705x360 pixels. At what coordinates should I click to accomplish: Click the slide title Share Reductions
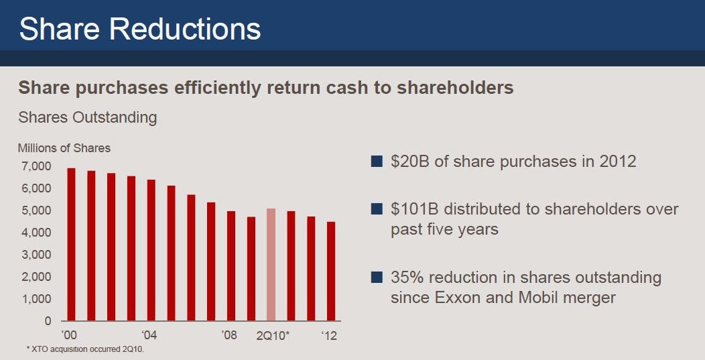(140, 30)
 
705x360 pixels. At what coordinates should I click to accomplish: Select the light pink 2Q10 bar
(271, 265)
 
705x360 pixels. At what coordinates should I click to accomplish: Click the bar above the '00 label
(71, 245)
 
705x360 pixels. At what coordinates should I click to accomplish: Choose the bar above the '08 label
(231, 266)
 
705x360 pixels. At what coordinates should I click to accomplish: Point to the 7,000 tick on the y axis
(36, 166)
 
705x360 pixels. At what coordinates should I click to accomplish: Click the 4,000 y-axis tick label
(36, 233)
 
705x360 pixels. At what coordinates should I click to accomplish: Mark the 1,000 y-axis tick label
(36, 299)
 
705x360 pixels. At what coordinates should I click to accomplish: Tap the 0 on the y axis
(47, 321)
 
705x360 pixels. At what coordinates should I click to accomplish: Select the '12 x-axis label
(329, 335)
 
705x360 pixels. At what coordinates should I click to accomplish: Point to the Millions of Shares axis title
(64, 148)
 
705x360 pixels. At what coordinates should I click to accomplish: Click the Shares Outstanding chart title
(87, 118)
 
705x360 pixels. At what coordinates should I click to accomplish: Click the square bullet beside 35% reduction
(376, 277)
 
